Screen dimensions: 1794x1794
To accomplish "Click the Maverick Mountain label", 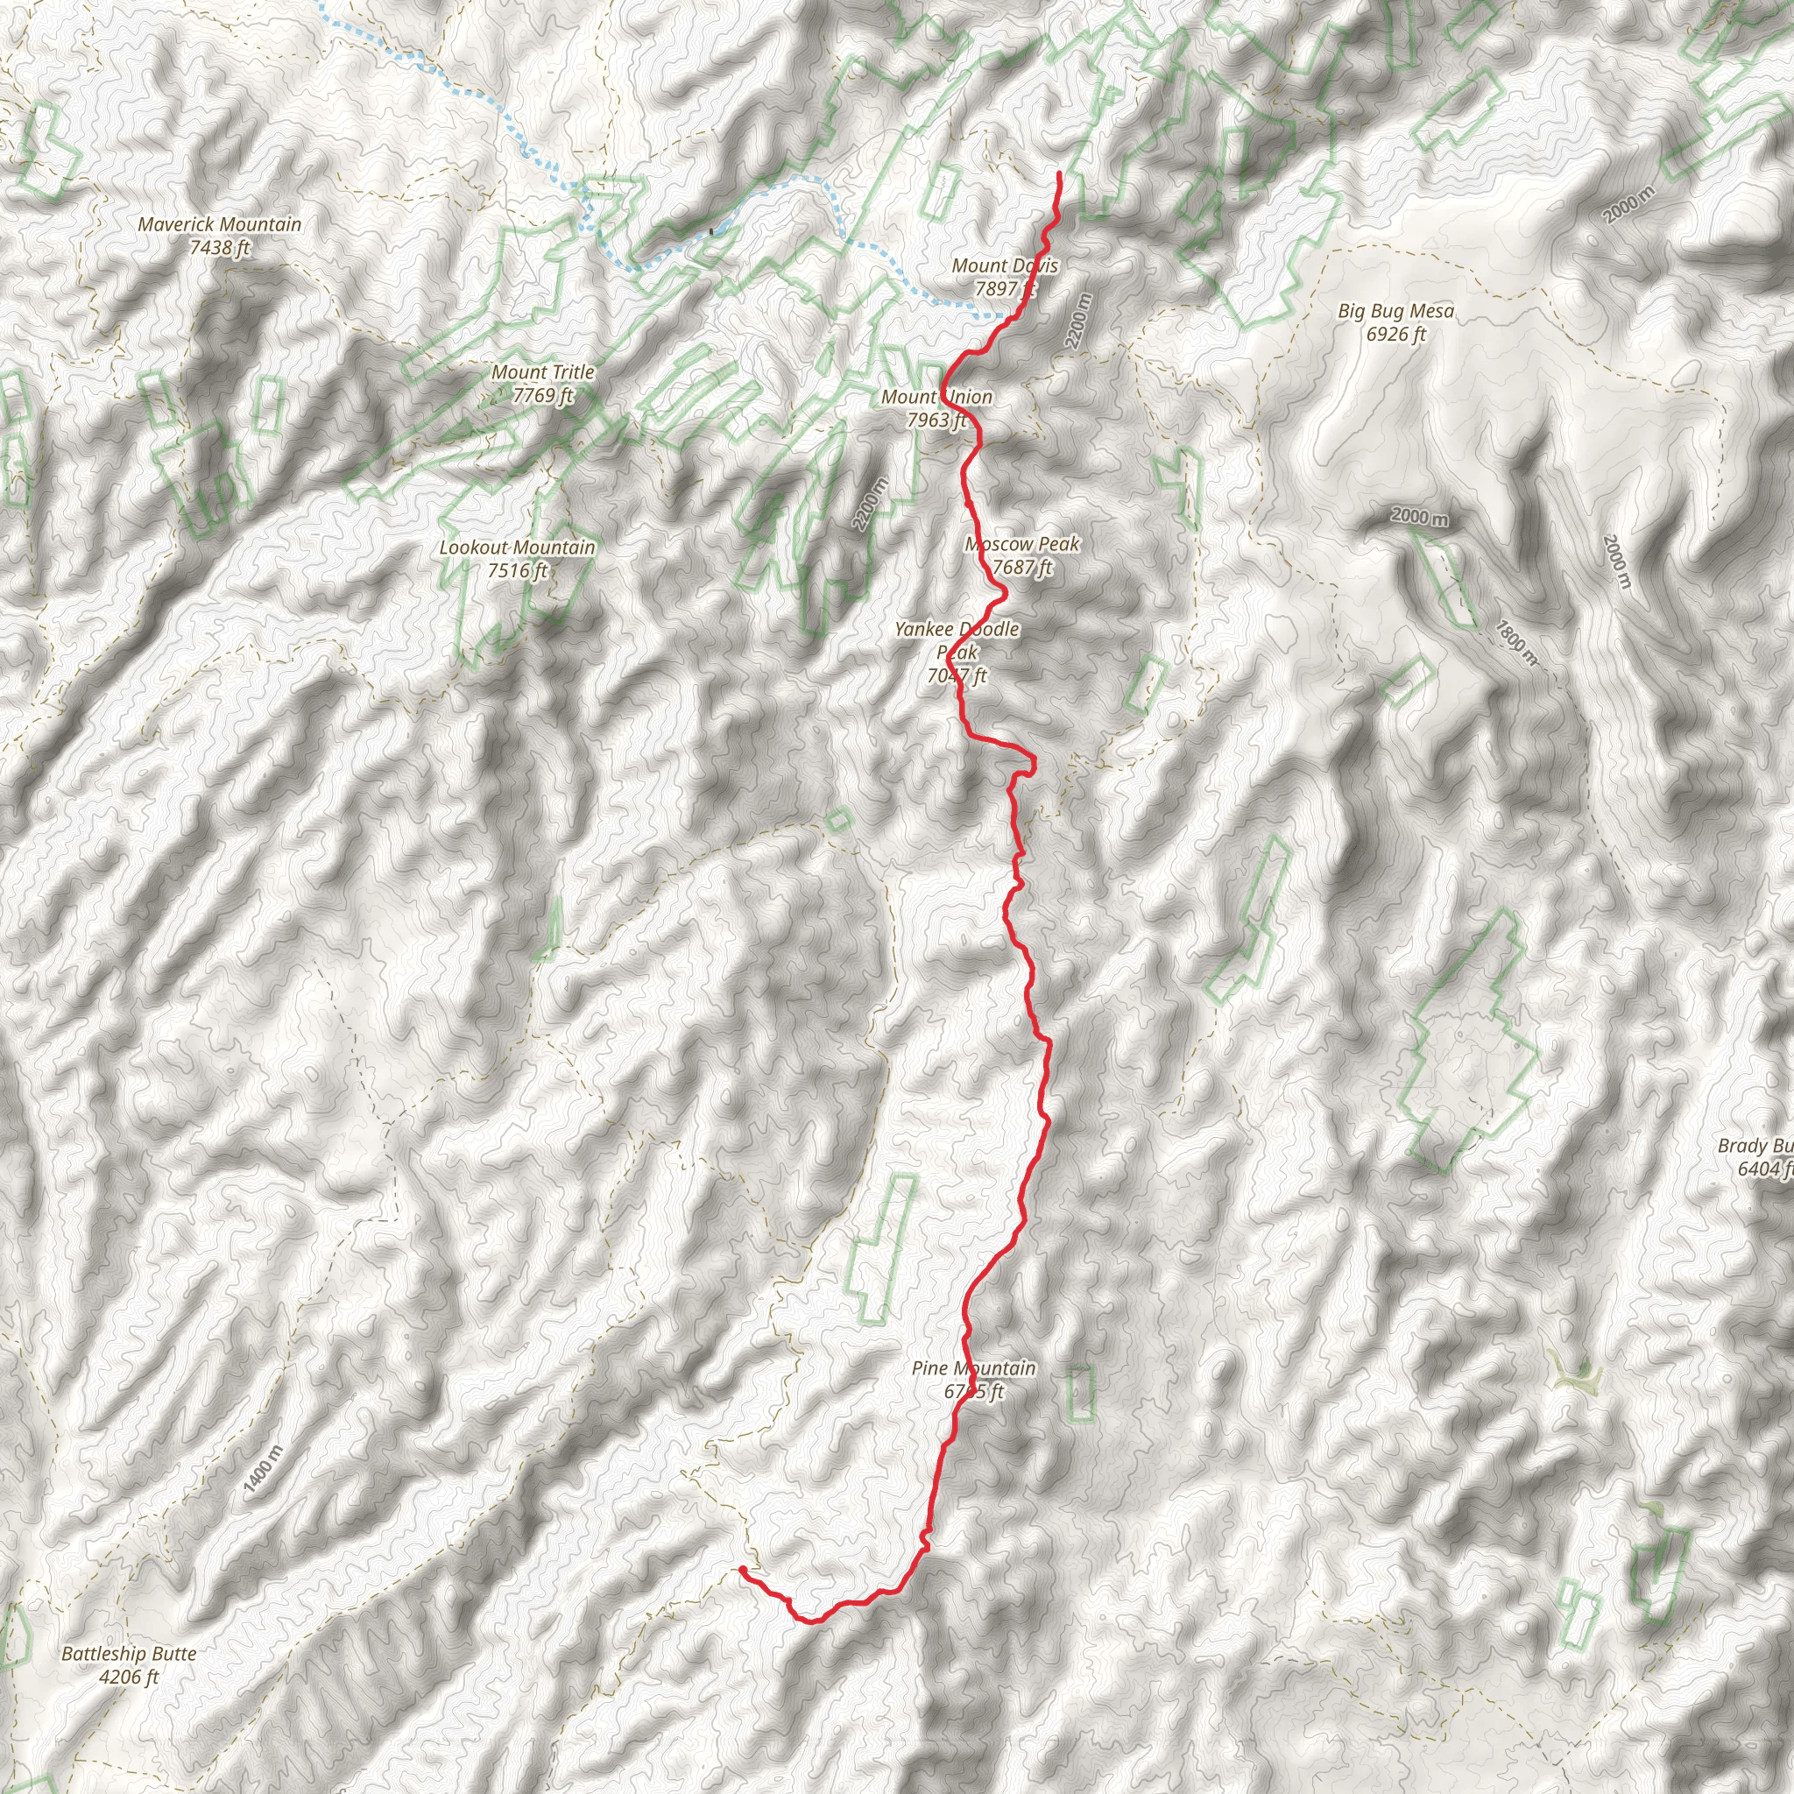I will point(219,225).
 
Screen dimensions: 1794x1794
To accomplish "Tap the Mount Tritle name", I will point(543,372).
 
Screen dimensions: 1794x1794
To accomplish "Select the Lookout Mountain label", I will point(517,547).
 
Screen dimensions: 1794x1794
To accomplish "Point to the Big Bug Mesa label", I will point(1395,311).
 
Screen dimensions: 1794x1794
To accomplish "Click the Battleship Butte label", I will point(129,1654).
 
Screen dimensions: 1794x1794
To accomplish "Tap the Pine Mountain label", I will point(973,1367).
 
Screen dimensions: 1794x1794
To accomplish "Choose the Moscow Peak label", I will point(1022,544).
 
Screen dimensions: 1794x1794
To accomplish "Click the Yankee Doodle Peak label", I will point(957,639).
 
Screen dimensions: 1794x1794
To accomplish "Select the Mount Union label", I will point(937,398).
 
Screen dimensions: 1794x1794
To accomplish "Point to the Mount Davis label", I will point(1005,265).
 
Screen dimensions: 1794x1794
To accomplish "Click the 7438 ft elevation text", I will point(219,248).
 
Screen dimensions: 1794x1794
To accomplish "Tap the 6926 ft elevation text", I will point(1395,335).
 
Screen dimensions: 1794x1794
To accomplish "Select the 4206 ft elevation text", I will point(129,1677).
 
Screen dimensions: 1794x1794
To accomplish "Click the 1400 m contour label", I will point(263,1471).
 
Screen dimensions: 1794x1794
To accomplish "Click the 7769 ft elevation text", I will point(543,396).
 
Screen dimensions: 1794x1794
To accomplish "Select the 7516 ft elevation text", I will point(517,571).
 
